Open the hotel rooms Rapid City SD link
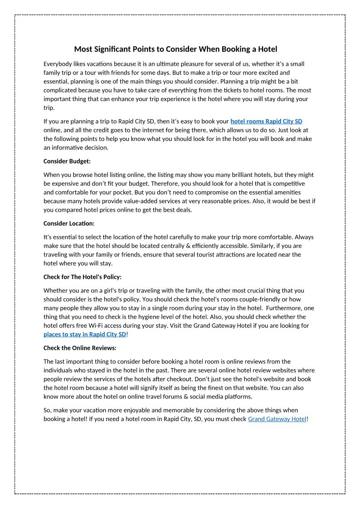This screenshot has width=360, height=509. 266,121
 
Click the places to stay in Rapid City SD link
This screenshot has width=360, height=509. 85,334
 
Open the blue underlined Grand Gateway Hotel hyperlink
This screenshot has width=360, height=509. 277,419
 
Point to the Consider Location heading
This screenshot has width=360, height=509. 69,223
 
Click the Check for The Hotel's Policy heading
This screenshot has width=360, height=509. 83,277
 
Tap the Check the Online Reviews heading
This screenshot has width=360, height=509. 80,348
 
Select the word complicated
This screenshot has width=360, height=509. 61,90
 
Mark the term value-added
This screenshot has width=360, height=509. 145,201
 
